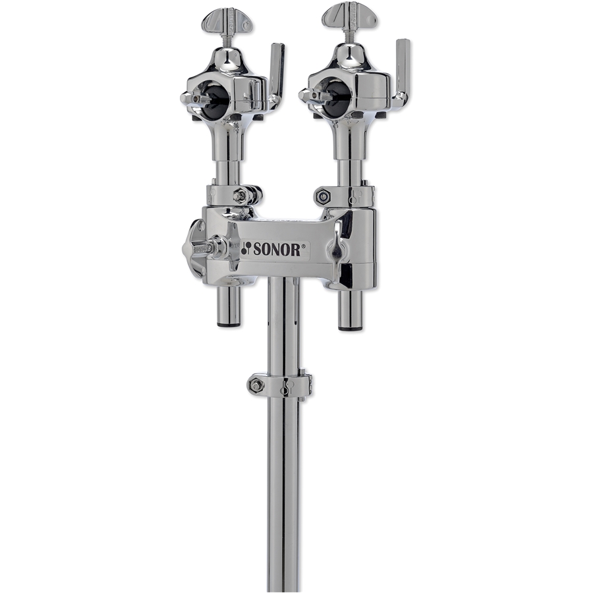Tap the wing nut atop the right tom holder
tap(350, 14)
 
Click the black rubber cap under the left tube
tap(229, 324)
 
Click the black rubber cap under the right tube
tap(350, 326)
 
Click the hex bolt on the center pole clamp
tap(257, 385)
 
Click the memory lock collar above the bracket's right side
tap(346, 196)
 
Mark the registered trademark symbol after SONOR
tap(305, 245)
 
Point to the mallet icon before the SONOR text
tap(246, 248)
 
